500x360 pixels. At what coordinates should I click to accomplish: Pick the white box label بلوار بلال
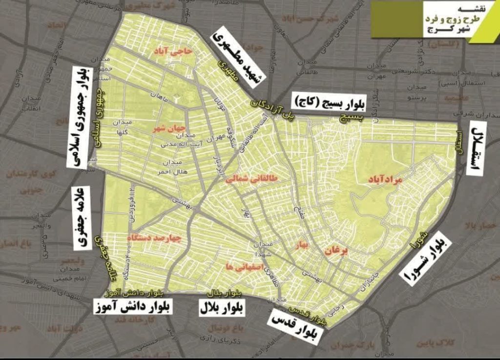coord(223,308)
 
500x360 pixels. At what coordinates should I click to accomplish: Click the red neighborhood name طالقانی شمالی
coord(251,179)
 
